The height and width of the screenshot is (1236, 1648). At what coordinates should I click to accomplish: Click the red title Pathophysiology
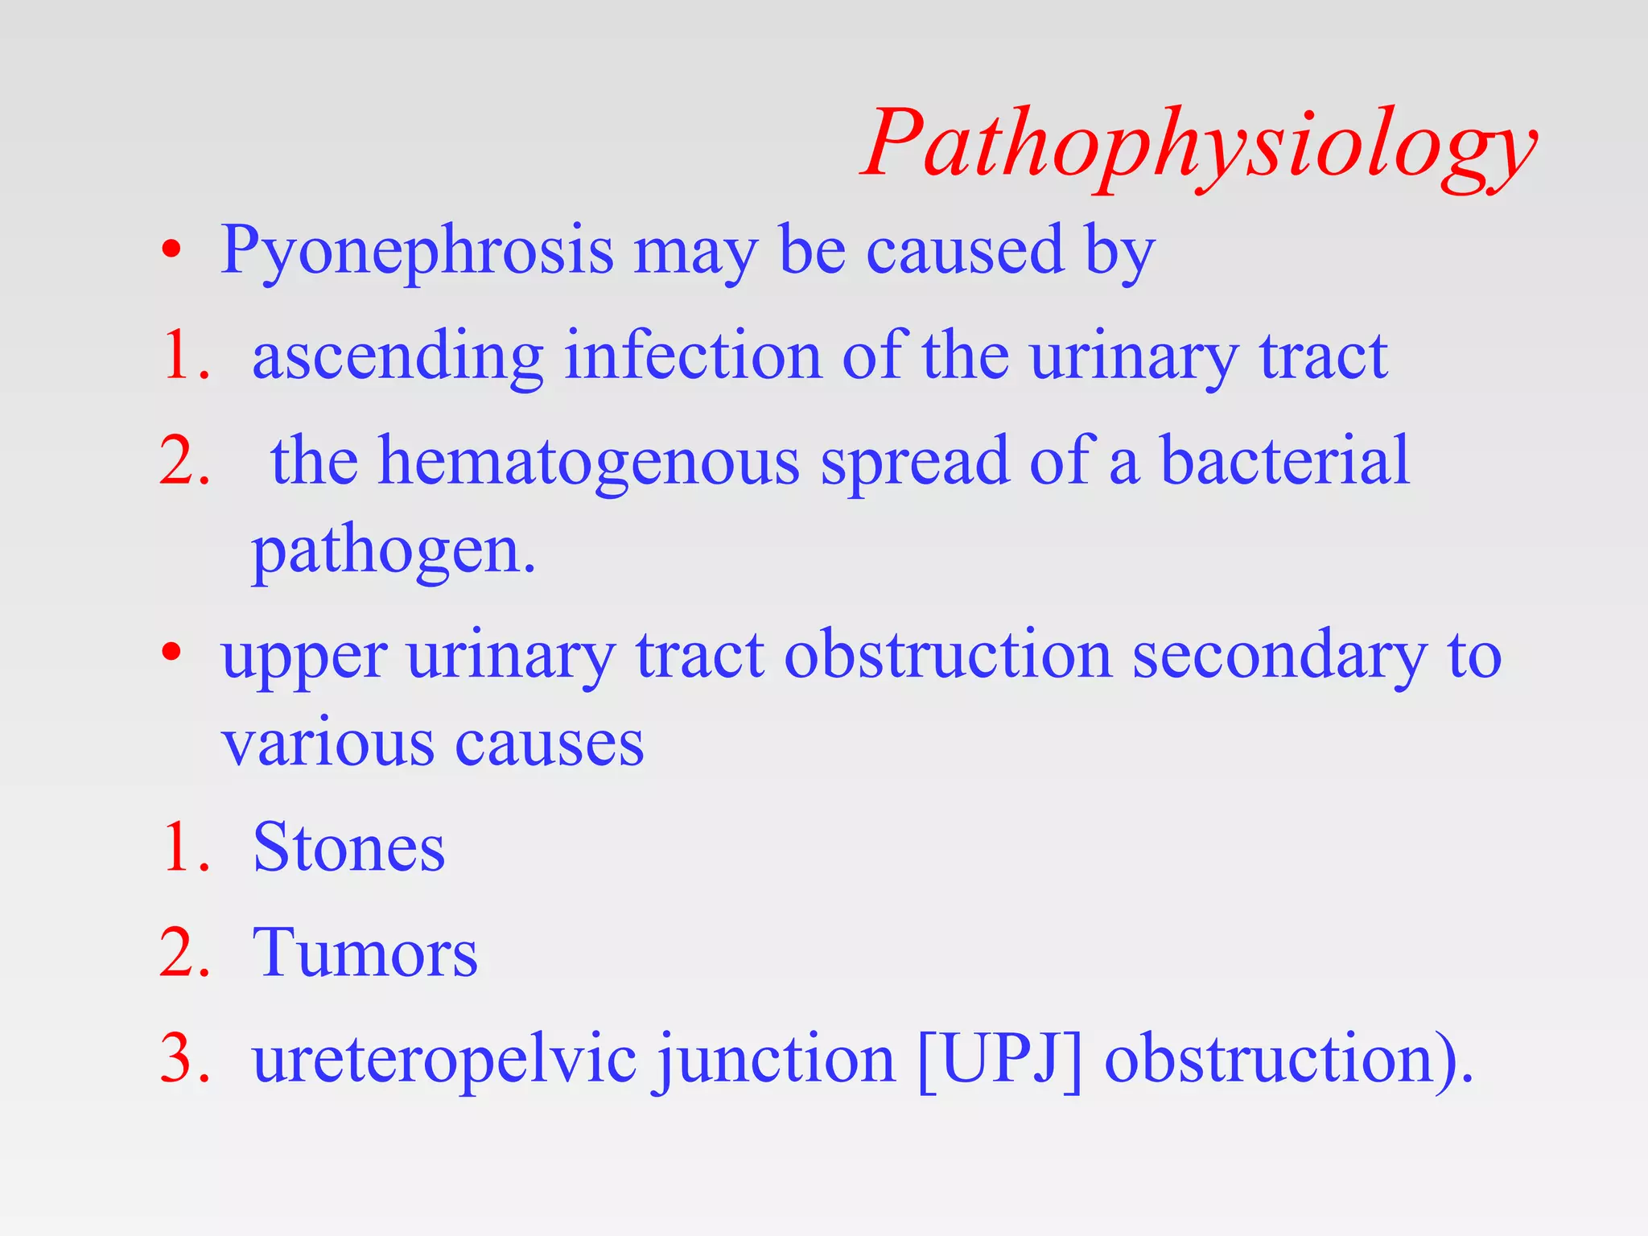pyautogui.click(x=1199, y=145)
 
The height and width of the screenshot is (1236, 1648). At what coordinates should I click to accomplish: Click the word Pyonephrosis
pyautogui.click(x=417, y=251)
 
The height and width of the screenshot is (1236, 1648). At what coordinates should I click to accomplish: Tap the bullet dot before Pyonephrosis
pyautogui.click(x=171, y=250)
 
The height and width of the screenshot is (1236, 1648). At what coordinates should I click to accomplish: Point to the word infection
pyautogui.click(x=692, y=356)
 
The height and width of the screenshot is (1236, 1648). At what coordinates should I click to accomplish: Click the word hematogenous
pyautogui.click(x=589, y=462)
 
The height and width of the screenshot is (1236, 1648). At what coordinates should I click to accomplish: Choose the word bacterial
pyautogui.click(x=1285, y=460)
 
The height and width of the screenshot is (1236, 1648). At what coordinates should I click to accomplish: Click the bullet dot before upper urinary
pyautogui.click(x=171, y=653)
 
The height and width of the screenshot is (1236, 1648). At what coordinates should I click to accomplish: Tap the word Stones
pyautogui.click(x=348, y=848)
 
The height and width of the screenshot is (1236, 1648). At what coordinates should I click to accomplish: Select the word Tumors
pyautogui.click(x=365, y=954)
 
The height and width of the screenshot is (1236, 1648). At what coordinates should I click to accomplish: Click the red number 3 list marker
pyautogui.click(x=184, y=1059)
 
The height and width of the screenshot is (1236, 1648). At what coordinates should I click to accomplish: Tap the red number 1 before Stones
pyautogui.click(x=184, y=848)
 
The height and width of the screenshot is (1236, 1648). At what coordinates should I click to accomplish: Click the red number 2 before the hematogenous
pyautogui.click(x=184, y=462)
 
